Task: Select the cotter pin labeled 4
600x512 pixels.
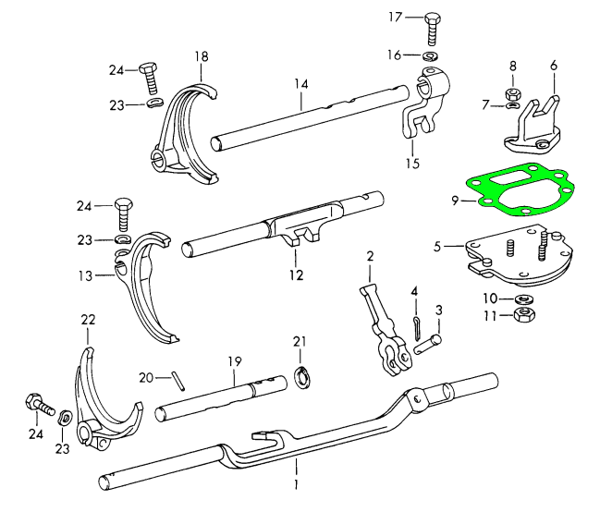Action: [416, 323]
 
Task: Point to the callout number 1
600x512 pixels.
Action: [296, 482]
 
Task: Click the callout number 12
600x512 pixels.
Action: [297, 274]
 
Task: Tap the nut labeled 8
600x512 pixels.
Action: [511, 93]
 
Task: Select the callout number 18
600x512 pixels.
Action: [201, 57]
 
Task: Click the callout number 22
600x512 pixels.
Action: [88, 320]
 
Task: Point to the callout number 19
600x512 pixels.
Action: [235, 360]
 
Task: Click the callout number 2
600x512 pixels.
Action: [370, 255]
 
